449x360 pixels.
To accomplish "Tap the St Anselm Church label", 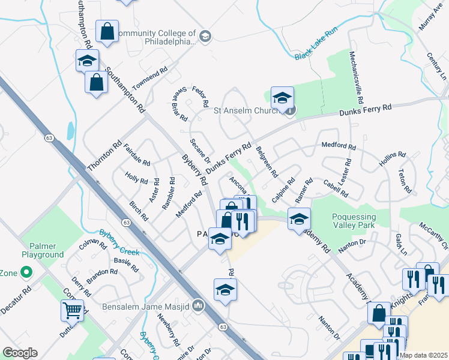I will pos(247,110).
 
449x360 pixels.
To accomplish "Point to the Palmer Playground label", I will pos(42,250).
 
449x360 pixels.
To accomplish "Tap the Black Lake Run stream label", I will pos(318,45).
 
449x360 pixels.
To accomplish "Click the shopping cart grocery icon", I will pos(72,310).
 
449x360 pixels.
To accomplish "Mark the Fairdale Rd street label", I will pos(136,154).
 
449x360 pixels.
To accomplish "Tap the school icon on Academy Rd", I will pos(298,218).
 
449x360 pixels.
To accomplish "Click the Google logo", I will pos(20,353).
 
